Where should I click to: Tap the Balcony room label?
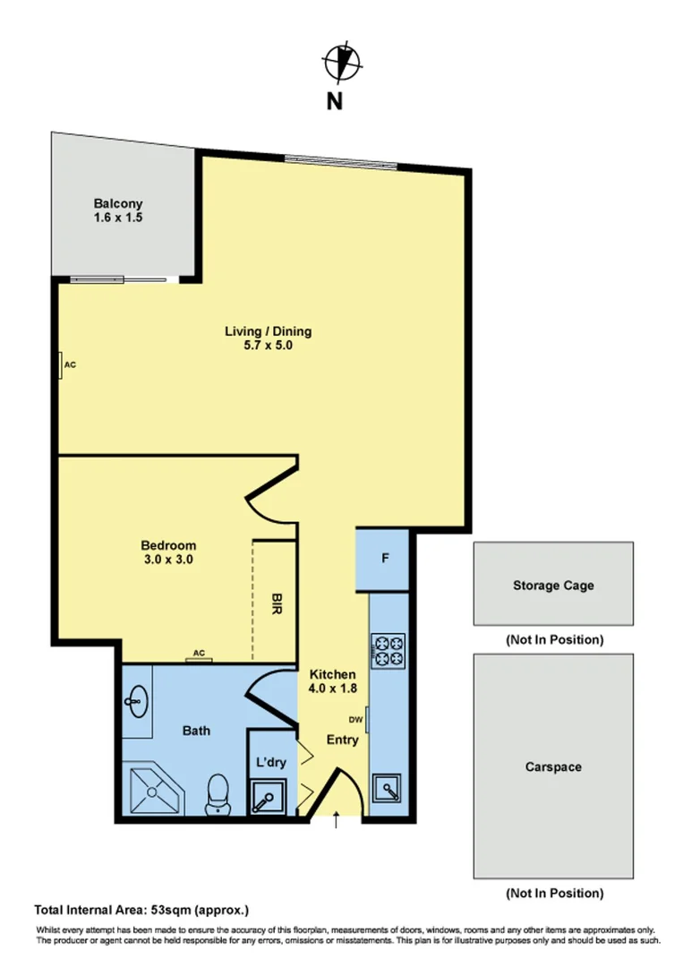tap(118, 203)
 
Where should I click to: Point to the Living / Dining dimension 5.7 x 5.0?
tap(268, 346)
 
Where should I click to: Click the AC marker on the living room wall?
tap(68, 365)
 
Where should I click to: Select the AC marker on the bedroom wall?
tap(200, 653)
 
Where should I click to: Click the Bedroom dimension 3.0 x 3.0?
tap(168, 559)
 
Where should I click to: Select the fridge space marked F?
tap(385, 559)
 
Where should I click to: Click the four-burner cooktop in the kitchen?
tap(388, 649)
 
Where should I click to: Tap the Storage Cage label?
tap(552, 586)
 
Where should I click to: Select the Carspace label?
tap(553, 767)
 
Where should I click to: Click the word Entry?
tap(342, 740)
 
